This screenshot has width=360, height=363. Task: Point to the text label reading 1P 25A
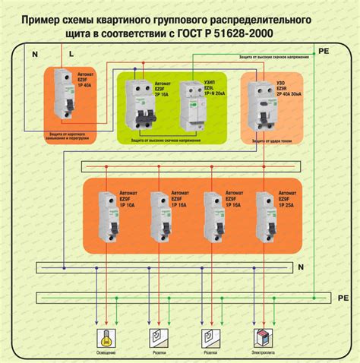289,205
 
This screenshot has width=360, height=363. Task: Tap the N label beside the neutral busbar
300,267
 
